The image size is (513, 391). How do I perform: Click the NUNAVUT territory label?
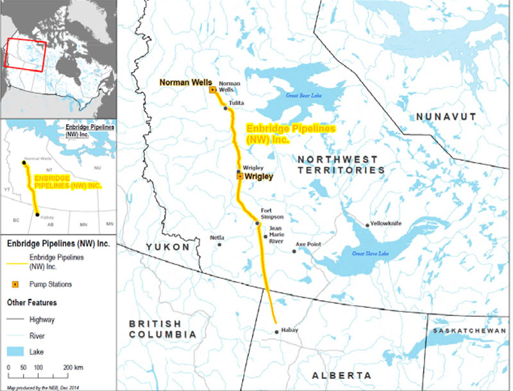pyautogui.click(x=446, y=116)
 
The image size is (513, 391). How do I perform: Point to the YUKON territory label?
pyautogui.click(x=167, y=247)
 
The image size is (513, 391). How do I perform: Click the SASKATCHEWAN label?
pyautogui.click(x=468, y=330)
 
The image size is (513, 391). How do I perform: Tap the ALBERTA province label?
pyautogui.click(x=341, y=375)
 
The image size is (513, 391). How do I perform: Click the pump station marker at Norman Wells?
pyautogui.click(x=212, y=90)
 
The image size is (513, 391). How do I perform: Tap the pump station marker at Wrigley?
pyautogui.click(x=239, y=176)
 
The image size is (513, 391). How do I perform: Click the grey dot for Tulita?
pyautogui.click(x=226, y=108)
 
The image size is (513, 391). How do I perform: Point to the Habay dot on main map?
pyautogui.click(x=276, y=331)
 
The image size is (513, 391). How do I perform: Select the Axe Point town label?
pyautogui.click(x=308, y=244)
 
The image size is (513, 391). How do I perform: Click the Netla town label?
pyautogui.click(x=217, y=237)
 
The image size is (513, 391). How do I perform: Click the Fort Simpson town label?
pyautogui.click(x=272, y=214)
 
